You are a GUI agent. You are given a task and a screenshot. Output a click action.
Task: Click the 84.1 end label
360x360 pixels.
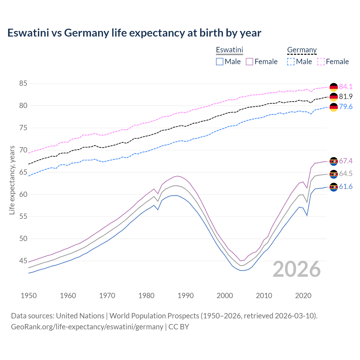click(x=346, y=87)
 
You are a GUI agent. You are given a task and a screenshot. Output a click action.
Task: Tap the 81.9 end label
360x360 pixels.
click(x=346, y=96)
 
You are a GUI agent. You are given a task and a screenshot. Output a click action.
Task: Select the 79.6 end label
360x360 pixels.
click(x=346, y=107)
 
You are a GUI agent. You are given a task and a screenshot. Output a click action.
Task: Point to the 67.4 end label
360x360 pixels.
click(x=346, y=161)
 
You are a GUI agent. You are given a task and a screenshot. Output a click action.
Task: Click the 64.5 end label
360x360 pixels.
click(x=346, y=174)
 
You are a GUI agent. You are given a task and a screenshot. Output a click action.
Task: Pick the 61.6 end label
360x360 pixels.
click(x=346, y=187)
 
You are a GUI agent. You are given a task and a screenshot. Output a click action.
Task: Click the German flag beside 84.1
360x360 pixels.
click(x=334, y=87)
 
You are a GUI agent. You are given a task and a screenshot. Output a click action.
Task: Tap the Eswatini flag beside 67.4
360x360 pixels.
click(x=334, y=161)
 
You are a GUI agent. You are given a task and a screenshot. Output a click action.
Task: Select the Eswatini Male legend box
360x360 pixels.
click(x=220, y=62)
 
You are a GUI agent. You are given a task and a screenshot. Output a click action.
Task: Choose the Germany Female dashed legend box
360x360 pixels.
click(x=321, y=62)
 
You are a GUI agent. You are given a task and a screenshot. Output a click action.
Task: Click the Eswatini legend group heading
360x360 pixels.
click(x=229, y=50)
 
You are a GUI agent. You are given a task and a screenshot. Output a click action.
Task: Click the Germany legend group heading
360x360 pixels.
click(x=302, y=50)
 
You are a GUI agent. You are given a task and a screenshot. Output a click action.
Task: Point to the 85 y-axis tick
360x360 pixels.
click(x=23, y=84)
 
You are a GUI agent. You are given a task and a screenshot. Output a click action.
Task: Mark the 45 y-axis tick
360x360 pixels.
click(x=23, y=261)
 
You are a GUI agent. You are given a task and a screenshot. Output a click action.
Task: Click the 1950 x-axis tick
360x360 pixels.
click(x=29, y=296)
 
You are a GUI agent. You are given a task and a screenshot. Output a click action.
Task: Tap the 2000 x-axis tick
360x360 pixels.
click(x=225, y=296)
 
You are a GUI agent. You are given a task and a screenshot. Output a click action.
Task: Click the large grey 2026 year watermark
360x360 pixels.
click(x=296, y=269)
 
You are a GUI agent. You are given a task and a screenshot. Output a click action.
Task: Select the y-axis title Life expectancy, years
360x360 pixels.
click(x=12, y=180)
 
